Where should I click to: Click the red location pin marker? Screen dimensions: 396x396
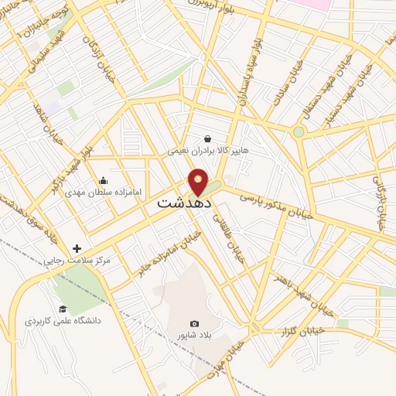pyautogui.click(x=199, y=182)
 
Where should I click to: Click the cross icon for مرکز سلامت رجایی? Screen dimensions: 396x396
pyautogui.click(x=76, y=248)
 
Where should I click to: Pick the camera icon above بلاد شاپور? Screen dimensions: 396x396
pyautogui.click(x=193, y=323)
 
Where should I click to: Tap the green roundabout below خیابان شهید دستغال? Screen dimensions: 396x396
pyautogui.click(x=299, y=131)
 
